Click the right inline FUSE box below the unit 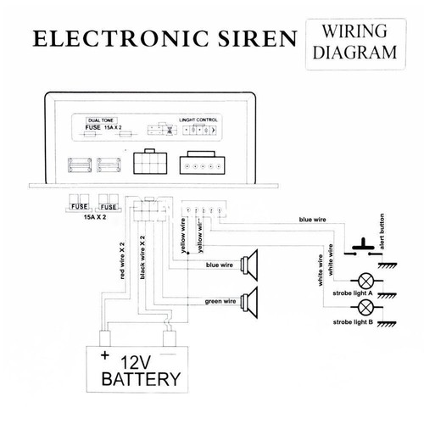pyautogui.click(x=109, y=205)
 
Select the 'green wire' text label pyautogui.click(x=220, y=302)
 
